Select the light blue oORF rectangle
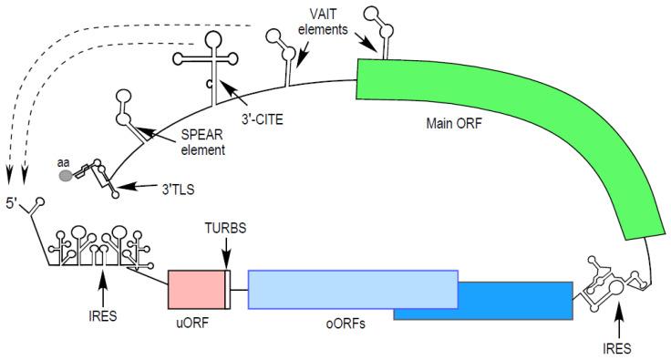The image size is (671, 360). (352, 288)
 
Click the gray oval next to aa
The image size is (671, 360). (67, 177)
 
